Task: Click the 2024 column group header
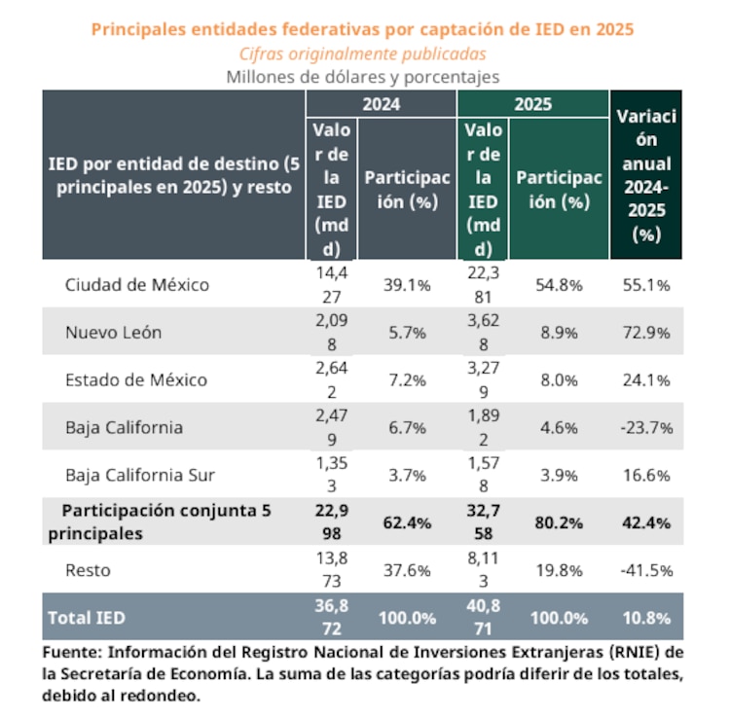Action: (x=381, y=104)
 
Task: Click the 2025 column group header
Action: (x=532, y=104)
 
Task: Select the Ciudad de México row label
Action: (x=137, y=285)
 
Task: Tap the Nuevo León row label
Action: (x=113, y=332)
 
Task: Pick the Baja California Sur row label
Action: (x=140, y=475)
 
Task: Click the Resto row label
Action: (x=87, y=570)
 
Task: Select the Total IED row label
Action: (x=87, y=618)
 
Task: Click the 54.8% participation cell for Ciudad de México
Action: (x=560, y=285)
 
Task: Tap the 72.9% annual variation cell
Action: (x=646, y=332)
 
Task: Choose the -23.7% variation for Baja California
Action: (x=646, y=427)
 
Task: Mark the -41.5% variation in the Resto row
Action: (x=646, y=570)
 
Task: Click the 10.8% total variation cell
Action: (x=646, y=618)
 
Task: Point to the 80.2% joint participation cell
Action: (x=560, y=522)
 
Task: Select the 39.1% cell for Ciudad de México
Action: (x=408, y=285)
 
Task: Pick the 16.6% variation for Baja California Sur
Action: (x=646, y=475)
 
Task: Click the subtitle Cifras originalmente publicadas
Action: (x=362, y=54)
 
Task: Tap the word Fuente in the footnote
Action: (x=73, y=651)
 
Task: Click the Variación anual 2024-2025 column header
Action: (x=646, y=175)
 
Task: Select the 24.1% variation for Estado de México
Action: (x=646, y=379)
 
